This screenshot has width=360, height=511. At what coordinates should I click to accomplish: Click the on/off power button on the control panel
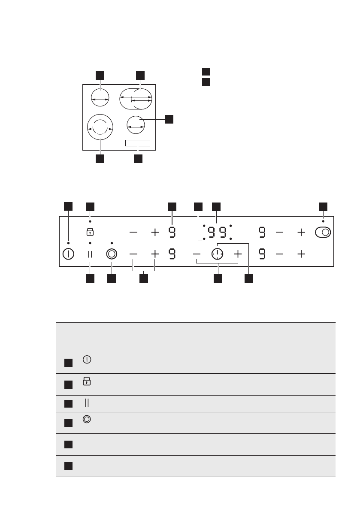pyautogui.click(x=68, y=254)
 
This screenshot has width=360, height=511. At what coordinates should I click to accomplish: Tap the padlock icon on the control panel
pyautogui.click(x=90, y=232)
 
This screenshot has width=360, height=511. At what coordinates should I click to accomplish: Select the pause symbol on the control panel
pyautogui.click(x=90, y=254)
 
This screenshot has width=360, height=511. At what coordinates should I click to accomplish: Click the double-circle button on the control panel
pyautogui.click(x=112, y=254)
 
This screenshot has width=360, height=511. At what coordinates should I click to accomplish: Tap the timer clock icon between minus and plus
pyautogui.click(x=218, y=254)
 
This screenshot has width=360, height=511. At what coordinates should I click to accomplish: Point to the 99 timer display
pyautogui.click(x=217, y=233)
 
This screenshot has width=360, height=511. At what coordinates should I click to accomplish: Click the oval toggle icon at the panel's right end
pyautogui.click(x=323, y=233)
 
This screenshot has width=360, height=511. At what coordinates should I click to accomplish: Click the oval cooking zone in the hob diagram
pyautogui.click(x=136, y=99)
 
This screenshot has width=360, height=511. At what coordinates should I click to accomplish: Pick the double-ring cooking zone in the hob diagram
pyautogui.click(x=100, y=127)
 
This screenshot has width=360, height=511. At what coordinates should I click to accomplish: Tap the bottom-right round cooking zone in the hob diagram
pyautogui.click(x=136, y=125)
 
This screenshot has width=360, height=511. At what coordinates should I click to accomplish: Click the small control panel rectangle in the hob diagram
pyautogui.click(x=138, y=143)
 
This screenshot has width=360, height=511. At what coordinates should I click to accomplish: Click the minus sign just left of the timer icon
pyautogui.click(x=197, y=254)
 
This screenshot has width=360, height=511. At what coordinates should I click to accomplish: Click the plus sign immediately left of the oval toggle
pyautogui.click(x=301, y=233)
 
